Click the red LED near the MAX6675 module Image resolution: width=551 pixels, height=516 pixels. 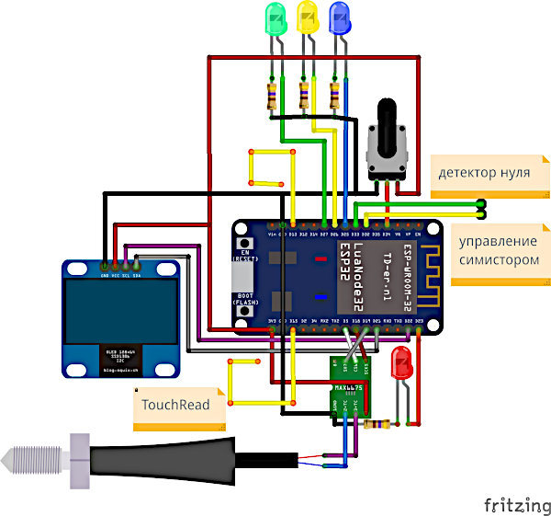[x=402, y=364]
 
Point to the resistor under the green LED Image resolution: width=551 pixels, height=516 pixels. [x=272, y=96]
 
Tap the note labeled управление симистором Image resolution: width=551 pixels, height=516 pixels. [x=497, y=251]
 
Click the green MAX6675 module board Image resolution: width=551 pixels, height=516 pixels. [x=351, y=386]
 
